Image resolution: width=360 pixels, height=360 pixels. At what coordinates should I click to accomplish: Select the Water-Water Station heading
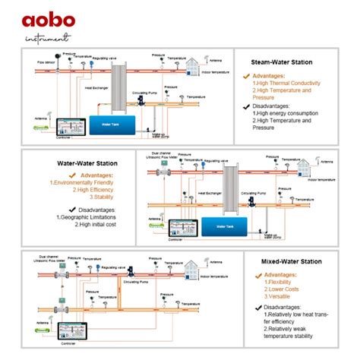[87, 163]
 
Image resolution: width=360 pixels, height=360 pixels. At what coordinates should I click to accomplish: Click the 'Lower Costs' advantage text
[283, 290]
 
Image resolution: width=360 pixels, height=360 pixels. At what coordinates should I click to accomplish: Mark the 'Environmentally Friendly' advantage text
[86, 182]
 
